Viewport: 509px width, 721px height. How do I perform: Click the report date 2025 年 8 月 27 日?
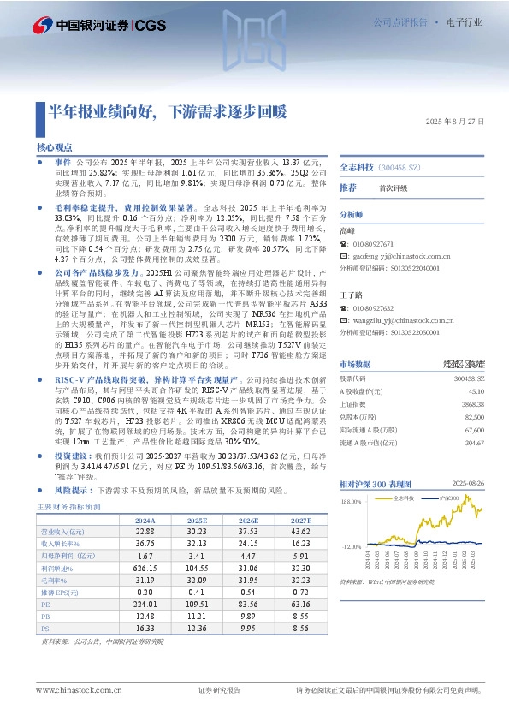pos(454,122)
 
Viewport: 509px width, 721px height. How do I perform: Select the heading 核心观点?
pos(55,147)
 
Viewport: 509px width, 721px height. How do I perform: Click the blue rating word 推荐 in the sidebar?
pos(347,187)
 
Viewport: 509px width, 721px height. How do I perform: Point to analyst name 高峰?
pos(346,231)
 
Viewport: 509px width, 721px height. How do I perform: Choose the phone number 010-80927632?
pos(373,308)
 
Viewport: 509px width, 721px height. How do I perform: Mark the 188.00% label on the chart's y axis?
pos(352,502)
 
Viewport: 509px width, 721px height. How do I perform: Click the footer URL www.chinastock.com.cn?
pos(71,690)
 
